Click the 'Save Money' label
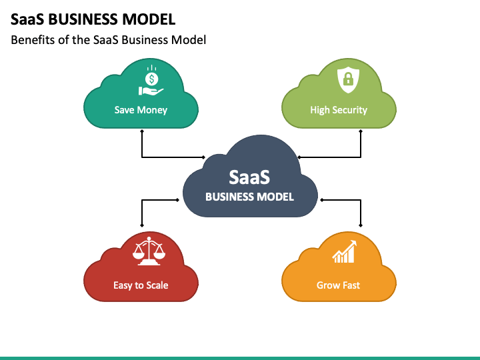[141, 110]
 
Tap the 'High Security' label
[339, 110]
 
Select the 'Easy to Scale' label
[141, 285]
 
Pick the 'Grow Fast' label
[338, 285]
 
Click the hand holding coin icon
[151, 81]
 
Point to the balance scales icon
[149, 251]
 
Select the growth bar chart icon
[345, 251]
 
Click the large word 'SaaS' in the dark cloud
[249, 177]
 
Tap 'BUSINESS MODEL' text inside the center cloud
[249, 197]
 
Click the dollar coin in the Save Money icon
[151, 79]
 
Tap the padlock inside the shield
[349, 79]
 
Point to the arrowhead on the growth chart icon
[353, 243]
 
